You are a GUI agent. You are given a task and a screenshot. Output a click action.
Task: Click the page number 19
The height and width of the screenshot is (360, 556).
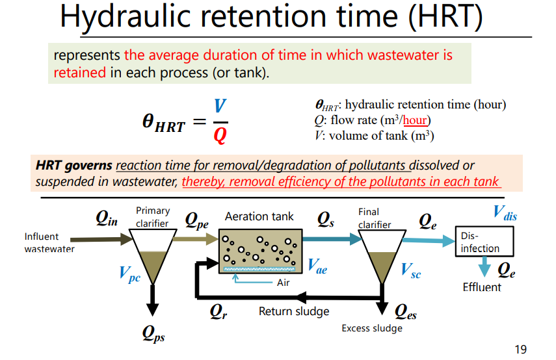pos(520,350)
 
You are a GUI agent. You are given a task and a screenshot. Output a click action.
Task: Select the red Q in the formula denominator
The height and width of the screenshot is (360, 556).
pos(220,136)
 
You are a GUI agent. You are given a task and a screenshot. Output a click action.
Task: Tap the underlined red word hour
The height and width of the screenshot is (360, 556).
pos(415,120)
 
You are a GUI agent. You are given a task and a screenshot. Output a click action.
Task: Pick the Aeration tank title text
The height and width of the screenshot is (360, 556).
pos(259,216)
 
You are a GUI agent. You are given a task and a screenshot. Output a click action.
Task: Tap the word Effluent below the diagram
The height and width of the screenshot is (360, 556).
pos(482,287)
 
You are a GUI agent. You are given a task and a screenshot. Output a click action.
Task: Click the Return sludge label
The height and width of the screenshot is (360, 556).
pos(294,311)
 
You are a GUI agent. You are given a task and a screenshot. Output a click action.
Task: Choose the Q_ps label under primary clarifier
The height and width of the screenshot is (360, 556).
pos(153,335)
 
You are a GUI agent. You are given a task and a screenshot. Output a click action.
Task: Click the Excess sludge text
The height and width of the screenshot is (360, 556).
pos(372,328)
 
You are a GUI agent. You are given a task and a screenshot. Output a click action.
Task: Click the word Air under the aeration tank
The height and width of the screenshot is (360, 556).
pos(283,283)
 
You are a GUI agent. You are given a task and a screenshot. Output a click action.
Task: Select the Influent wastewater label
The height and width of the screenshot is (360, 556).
pos(49,242)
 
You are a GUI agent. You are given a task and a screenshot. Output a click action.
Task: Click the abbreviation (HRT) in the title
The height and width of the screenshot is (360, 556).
pos(445,18)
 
